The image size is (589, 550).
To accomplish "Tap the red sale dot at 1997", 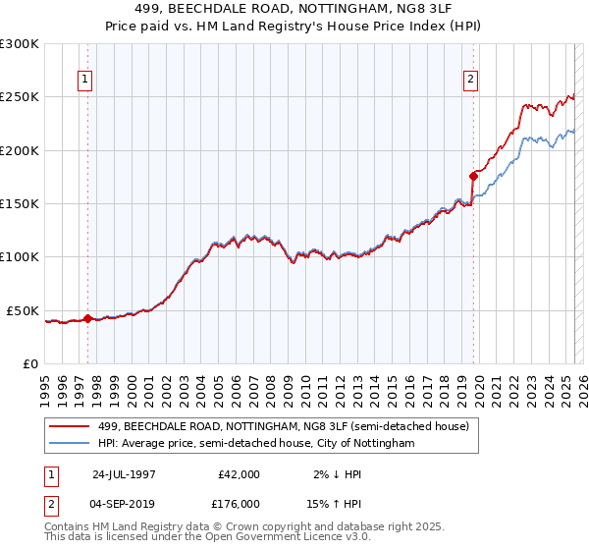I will [87, 318].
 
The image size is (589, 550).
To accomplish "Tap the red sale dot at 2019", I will [473, 176].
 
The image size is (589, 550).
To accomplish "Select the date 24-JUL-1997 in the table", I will [123, 473].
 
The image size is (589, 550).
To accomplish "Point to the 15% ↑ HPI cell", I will [331, 503].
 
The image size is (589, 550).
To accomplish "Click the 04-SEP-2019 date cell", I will [123, 503].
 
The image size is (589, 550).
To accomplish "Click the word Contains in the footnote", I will [68, 525].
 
